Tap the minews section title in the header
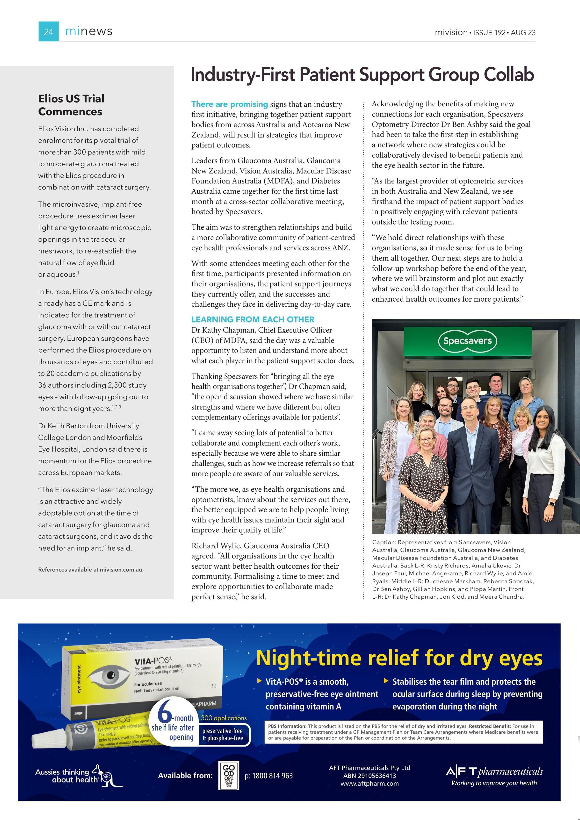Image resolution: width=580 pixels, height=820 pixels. pyautogui.click(x=89, y=31)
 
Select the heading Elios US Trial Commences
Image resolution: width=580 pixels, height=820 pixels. pyautogui.click(x=72, y=105)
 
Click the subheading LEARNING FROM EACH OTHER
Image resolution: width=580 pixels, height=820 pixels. pyautogui.click(x=253, y=319)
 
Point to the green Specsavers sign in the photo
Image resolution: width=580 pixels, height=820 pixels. pyautogui.click(x=467, y=341)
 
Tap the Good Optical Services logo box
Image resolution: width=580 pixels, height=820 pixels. pyautogui.click(x=229, y=775)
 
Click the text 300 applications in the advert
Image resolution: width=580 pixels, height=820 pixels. pyautogui.click(x=224, y=718)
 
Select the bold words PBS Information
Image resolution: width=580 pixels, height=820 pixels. pyautogui.click(x=287, y=726)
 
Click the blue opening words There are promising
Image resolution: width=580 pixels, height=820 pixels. pyautogui.click(x=229, y=104)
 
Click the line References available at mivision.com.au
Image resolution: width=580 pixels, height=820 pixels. pyautogui.click(x=91, y=570)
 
